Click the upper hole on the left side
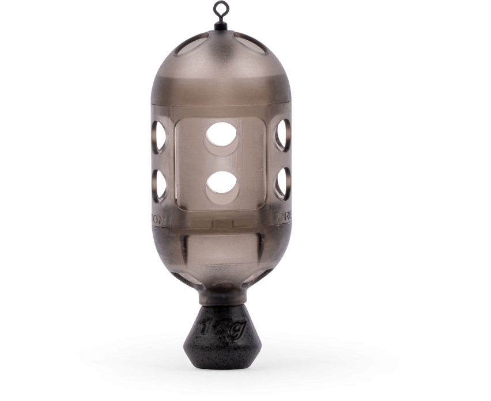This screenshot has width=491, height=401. tap(158, 135)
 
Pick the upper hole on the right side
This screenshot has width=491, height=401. tap(282, 135)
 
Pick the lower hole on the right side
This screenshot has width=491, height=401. tap(282, 184)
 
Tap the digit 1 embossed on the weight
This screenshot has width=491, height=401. tap(206, 328)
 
